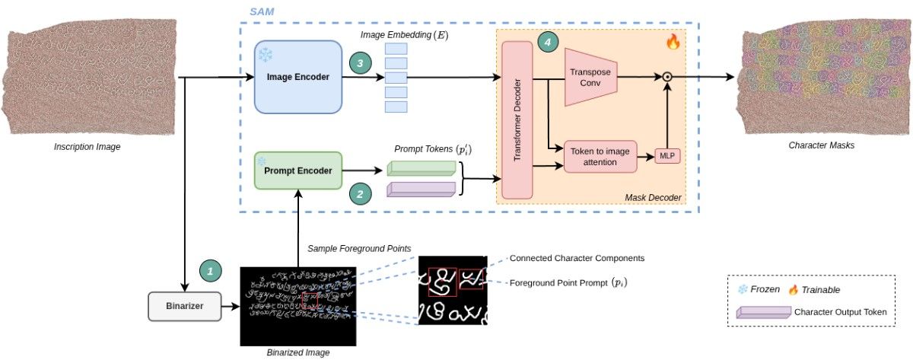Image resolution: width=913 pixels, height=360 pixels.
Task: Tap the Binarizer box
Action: [184, 306]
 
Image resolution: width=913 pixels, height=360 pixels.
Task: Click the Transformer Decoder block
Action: [517, 120]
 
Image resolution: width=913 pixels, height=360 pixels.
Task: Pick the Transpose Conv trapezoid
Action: [591, 76]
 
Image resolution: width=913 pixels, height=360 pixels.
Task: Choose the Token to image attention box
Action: [600, 157]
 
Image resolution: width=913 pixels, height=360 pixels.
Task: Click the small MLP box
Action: [667, 157]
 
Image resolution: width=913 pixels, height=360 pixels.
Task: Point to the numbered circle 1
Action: [211, 269]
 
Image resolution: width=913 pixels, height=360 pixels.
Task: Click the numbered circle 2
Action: [360, 193]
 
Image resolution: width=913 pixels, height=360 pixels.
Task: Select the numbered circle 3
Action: [360, 64]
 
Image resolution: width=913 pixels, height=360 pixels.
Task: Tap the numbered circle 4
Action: [546, 43]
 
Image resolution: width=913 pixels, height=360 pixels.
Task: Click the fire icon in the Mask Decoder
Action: [673, 43]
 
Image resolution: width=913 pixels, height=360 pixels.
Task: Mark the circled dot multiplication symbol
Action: [667, 76]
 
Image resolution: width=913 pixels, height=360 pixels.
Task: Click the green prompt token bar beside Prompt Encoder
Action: [421, 167]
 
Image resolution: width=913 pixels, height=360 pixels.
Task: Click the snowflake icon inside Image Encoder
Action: [266, 55]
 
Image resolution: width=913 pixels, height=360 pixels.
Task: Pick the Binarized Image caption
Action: [298, 353]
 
